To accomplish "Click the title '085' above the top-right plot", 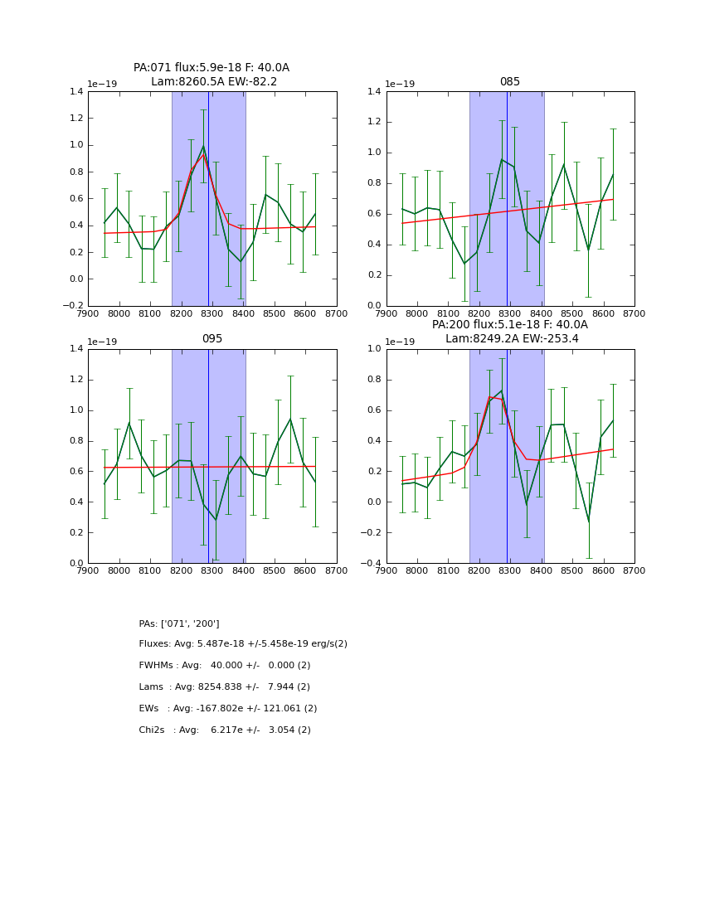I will (510, 82).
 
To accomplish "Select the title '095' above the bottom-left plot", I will (212, 339).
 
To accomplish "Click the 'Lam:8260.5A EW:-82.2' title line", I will (214, 82).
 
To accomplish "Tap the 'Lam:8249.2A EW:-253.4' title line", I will (512, 339).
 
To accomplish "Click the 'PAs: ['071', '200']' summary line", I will (179, 623).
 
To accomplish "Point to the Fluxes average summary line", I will (243, 644).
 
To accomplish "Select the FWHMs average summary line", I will (225, 666).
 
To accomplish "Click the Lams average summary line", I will (225, 687).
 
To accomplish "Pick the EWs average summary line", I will (228, 709).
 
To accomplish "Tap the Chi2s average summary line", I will (225, 730).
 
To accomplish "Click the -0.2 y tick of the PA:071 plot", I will (74, 306).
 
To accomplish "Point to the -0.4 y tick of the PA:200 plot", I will (372, 564).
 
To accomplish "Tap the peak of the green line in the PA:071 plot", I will (203, 147).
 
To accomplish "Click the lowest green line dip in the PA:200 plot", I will (588, 522).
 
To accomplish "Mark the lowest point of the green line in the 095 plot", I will (216, 520).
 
